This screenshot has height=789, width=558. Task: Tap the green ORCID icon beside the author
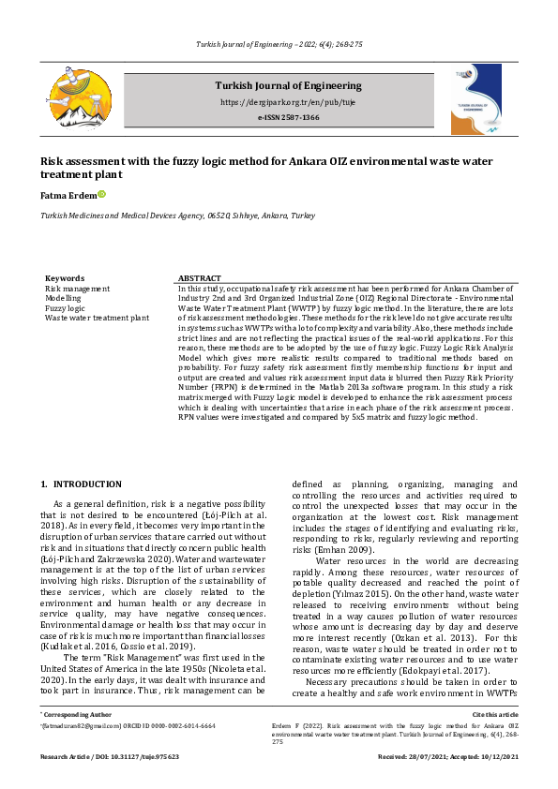[x=101, y=194]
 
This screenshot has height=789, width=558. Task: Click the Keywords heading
[x=65, y=278]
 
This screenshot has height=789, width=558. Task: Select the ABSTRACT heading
[x=200, y=278]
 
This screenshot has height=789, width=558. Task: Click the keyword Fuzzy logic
[x=65, y=308]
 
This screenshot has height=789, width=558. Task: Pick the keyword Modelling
[x=64, y=299]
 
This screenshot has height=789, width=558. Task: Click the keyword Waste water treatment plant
[x=97, y=318]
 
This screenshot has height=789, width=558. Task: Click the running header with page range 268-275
[x=279, y=45]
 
